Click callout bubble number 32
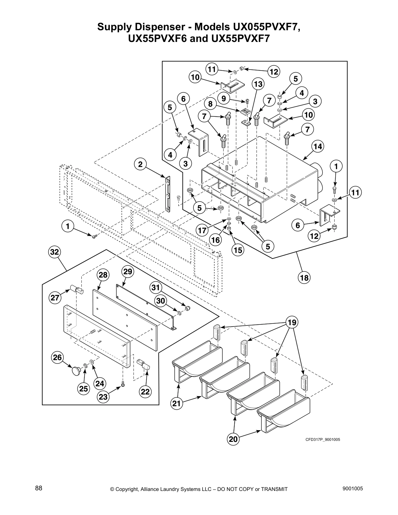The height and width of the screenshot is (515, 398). tap(55, 252)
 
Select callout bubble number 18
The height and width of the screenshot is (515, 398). tap(304, 278)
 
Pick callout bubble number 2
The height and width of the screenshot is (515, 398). tap(140, 164)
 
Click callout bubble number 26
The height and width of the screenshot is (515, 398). tap(57, 358)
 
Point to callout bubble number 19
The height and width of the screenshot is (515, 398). tap(292, 322)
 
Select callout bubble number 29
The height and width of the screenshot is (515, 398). tap(128, 271)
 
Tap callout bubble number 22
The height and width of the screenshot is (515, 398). tap(145, 392)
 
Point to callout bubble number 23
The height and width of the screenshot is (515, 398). tap(104, 397)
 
